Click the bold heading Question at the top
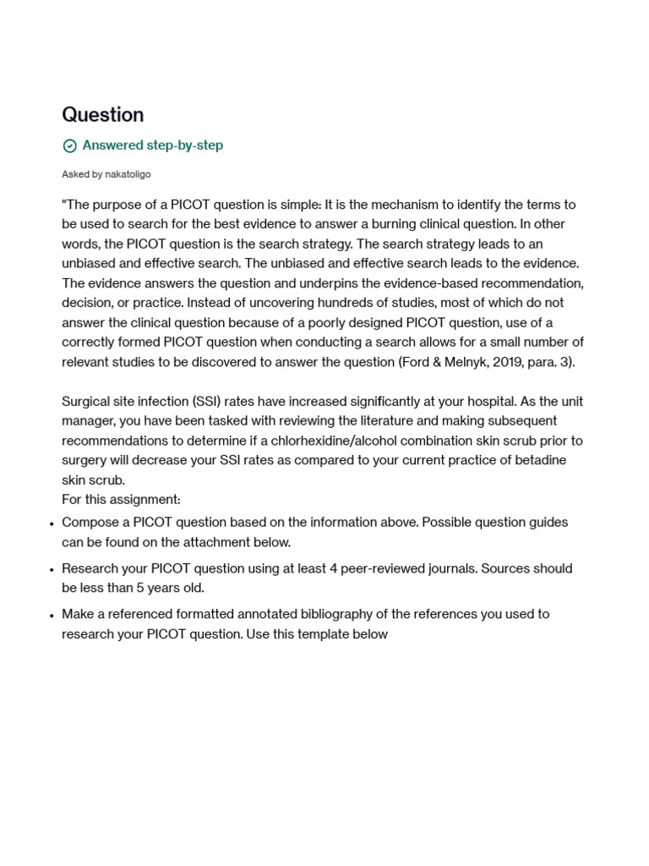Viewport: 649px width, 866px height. click(x=102, y=115)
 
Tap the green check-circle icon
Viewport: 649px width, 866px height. click(x=70, y=146)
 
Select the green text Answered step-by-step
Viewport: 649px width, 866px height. click(x=152, y=145)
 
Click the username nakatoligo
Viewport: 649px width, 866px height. click(x=128, y=174)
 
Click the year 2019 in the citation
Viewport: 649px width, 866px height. click(x=493, y=362)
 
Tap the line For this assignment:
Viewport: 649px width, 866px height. click(x=121, y=500)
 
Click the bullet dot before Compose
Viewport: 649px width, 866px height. click(x=52, y=523)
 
